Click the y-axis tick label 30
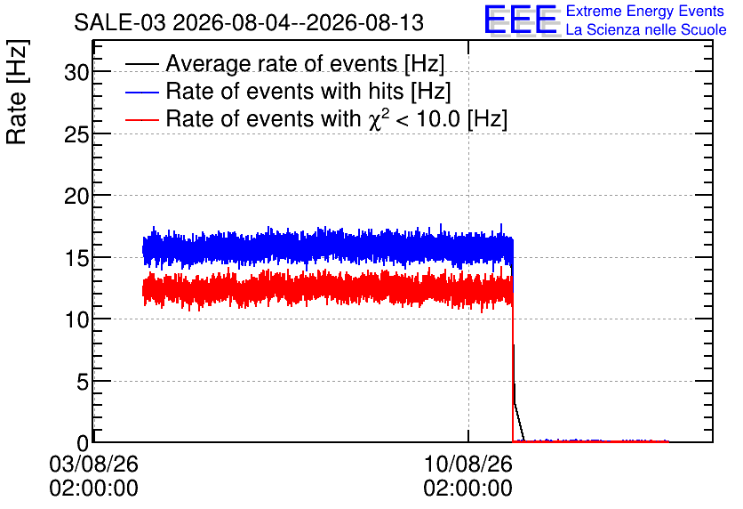tap(76, 73)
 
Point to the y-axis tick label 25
tap(76, 135)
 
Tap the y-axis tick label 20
tap(76, 196)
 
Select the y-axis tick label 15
tap(76, 259)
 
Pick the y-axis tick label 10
tap(76, 320)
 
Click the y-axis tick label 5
tap(83, 382)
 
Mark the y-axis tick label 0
tap(83, 443)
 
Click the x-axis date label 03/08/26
tap(93, 464)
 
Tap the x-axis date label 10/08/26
tap(467, 464)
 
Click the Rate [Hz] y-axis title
tap(17, 92)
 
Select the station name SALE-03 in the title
tap(119, 23)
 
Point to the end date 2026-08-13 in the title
tap(365, 23)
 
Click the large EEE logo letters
tap(521, 20)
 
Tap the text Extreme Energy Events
tap(645, 11)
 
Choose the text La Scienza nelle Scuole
tap(646, 30)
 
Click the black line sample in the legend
tap(141, 64)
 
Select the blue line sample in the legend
tap(141, 92)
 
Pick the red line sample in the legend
tap(141, 119)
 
